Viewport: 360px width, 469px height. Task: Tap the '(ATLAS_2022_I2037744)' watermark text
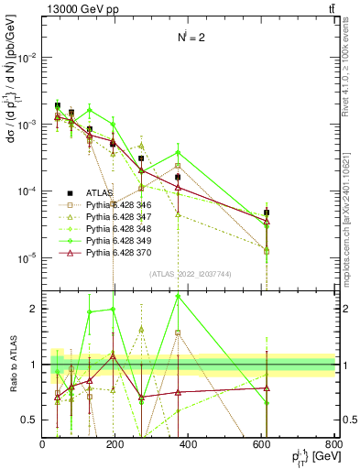(189, 272)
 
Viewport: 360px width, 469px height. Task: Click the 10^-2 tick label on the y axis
(26, 57)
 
